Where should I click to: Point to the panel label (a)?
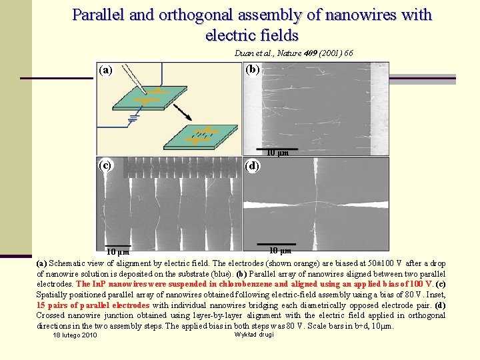105,69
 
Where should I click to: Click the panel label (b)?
253,69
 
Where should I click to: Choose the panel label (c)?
105,164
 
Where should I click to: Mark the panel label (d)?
253,166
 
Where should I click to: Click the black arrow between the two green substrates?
183,111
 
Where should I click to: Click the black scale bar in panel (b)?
274,148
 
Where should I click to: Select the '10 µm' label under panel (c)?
119,252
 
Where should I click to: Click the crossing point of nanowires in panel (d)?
313,201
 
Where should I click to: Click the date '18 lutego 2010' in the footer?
75,335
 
